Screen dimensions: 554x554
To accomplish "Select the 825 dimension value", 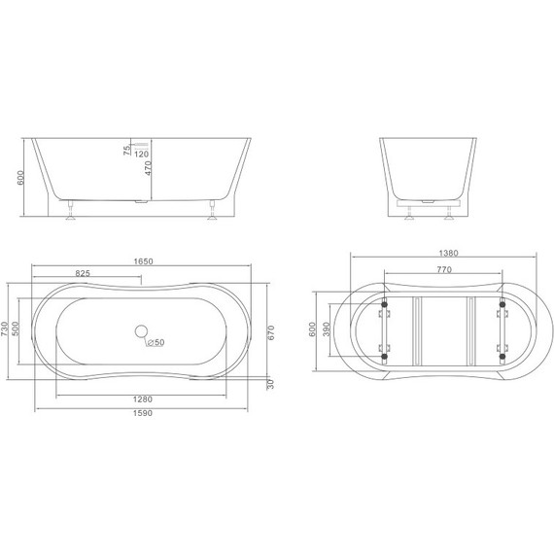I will pyautogui.click(x=83, y=274).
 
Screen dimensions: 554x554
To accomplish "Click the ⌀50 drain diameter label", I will pyautogui.click(x=156, y=342).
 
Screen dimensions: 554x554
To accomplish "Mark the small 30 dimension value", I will pyautogui.click(x=271, y=383).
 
